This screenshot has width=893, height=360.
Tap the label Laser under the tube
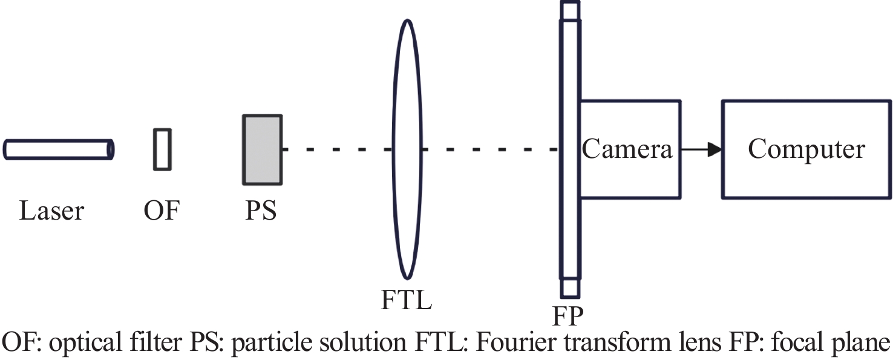pyautogui.click(x=52, y=211)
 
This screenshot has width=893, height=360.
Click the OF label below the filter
pyautogui.click(x=162, y=211)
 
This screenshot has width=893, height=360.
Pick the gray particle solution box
pyautogui.click(x=263, y=150)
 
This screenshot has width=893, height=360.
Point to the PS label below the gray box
pyautogui.click(x=261, y=211)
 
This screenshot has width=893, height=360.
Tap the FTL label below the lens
pyautogui.click(x=407, y=300)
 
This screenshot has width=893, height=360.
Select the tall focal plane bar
pyautogui.click(x=570, y=149)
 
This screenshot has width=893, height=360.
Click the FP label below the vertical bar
pyautogui.click(x=568, y=316)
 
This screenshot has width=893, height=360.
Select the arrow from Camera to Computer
pyautogui.click(x=702, y=149)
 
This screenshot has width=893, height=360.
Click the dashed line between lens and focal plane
pyautogui.click(x=490, y=149)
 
